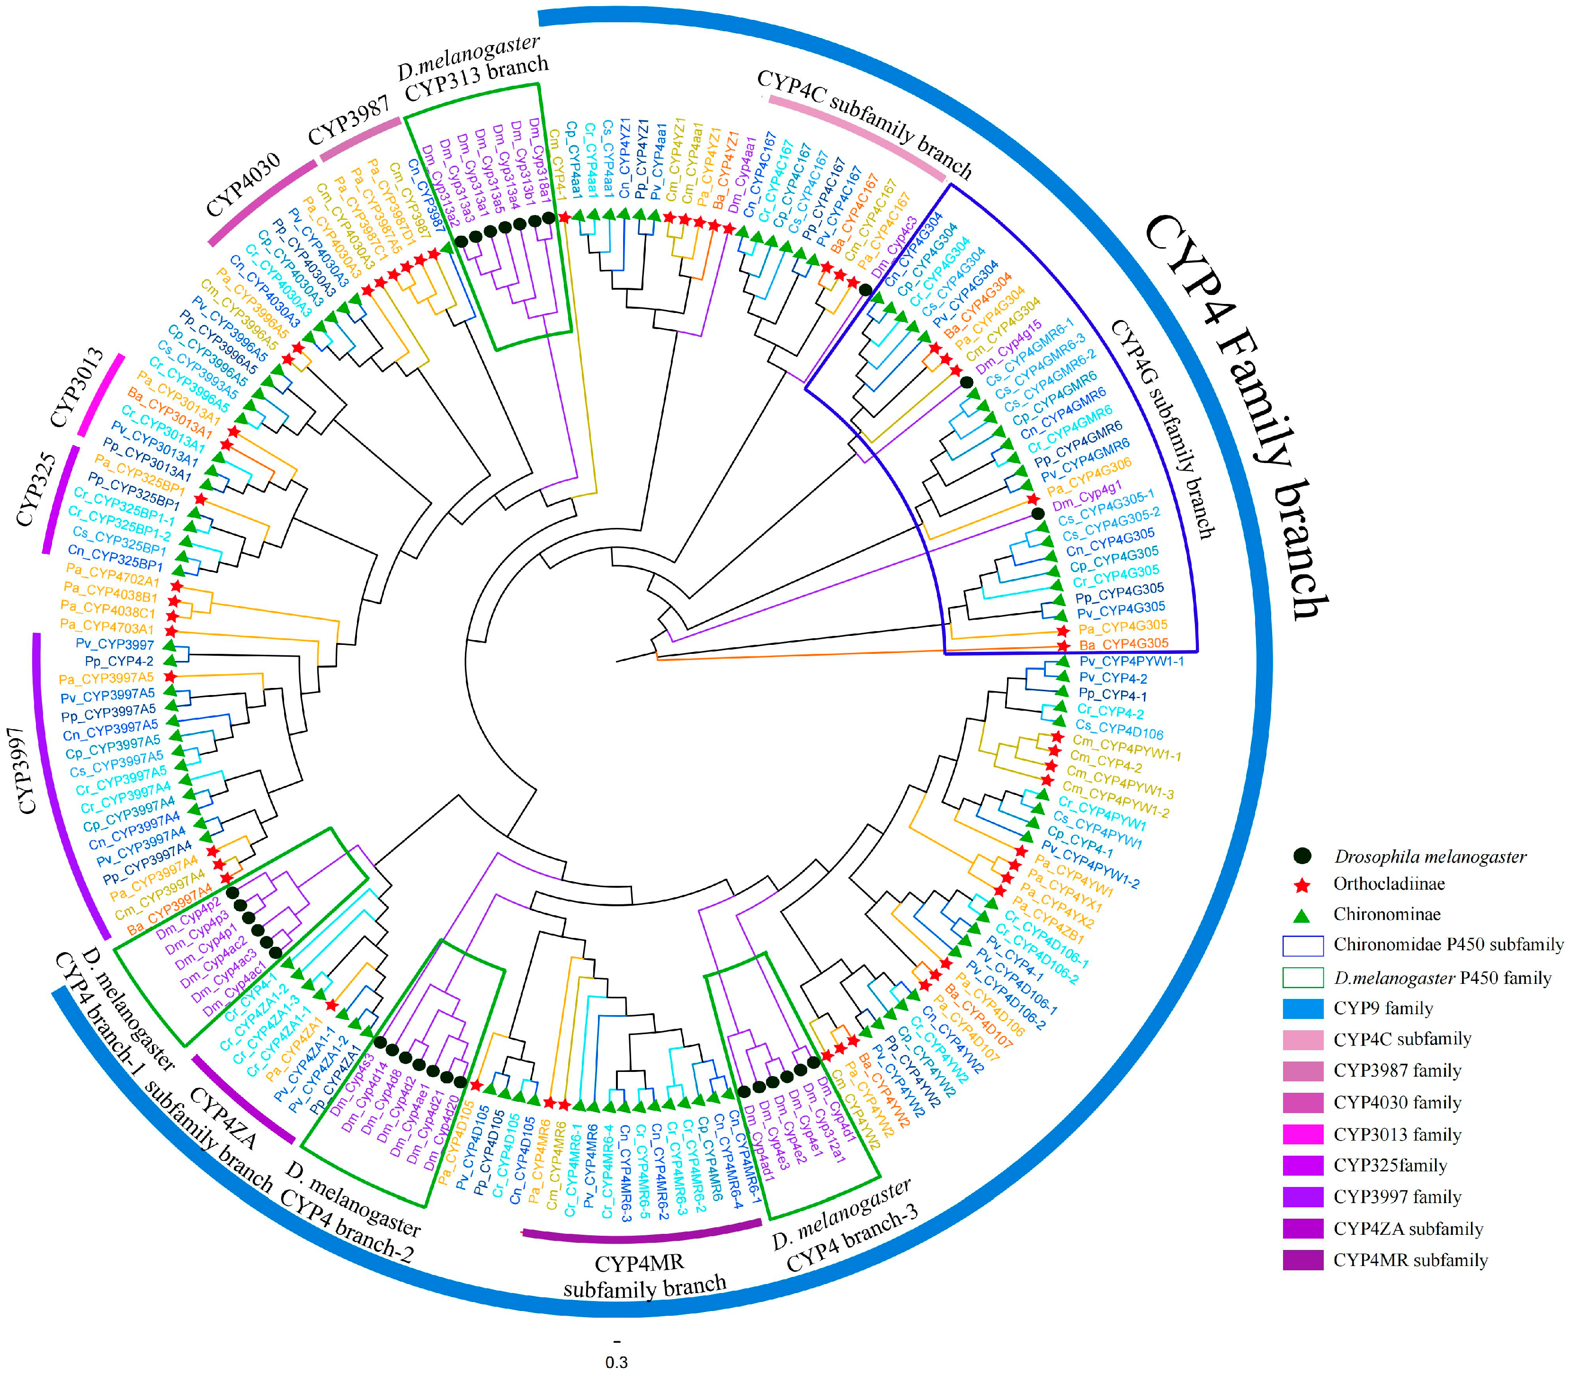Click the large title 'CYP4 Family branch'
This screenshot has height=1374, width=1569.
(x=1235, y=418)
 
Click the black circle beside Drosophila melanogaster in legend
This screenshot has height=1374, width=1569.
(x=1302, y=856)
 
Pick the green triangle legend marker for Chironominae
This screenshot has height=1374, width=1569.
(x=1302, y=914)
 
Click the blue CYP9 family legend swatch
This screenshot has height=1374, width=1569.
(x=1302, y=1008)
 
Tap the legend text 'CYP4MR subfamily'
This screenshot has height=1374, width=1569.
(x=1409, y=1260)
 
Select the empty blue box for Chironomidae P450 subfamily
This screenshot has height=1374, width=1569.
(x=1302, y=946)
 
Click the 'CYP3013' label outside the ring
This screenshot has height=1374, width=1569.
(x=77, y=387)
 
